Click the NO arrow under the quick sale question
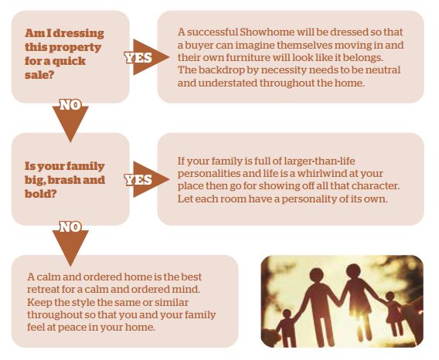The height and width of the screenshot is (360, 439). [x=70, y=120]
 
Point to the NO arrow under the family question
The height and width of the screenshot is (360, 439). [x=70, y=243]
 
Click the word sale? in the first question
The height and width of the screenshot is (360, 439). [x=39, y=75]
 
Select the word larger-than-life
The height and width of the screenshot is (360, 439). [x=319, y=161]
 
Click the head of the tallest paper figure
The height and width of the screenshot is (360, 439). [x=317, y=275]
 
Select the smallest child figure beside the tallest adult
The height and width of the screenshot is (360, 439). [x=288, y=328]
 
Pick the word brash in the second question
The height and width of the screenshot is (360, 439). [x=63, y=180]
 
